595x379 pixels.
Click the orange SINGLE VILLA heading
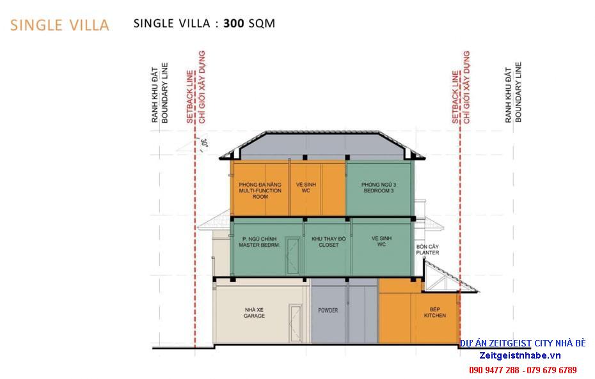tap(59, 25)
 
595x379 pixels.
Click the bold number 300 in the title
tap(234, 24)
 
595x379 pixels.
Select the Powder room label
tap(328, 310)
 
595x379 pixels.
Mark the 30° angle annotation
tap(204, 143)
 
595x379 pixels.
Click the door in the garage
tap(295, 323)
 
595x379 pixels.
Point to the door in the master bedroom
tap(292, 256)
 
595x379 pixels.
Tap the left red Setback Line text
tap(190, 97)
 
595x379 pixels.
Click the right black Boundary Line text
tap(518, 92)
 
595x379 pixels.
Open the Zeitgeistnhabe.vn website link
tap(520, 355)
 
